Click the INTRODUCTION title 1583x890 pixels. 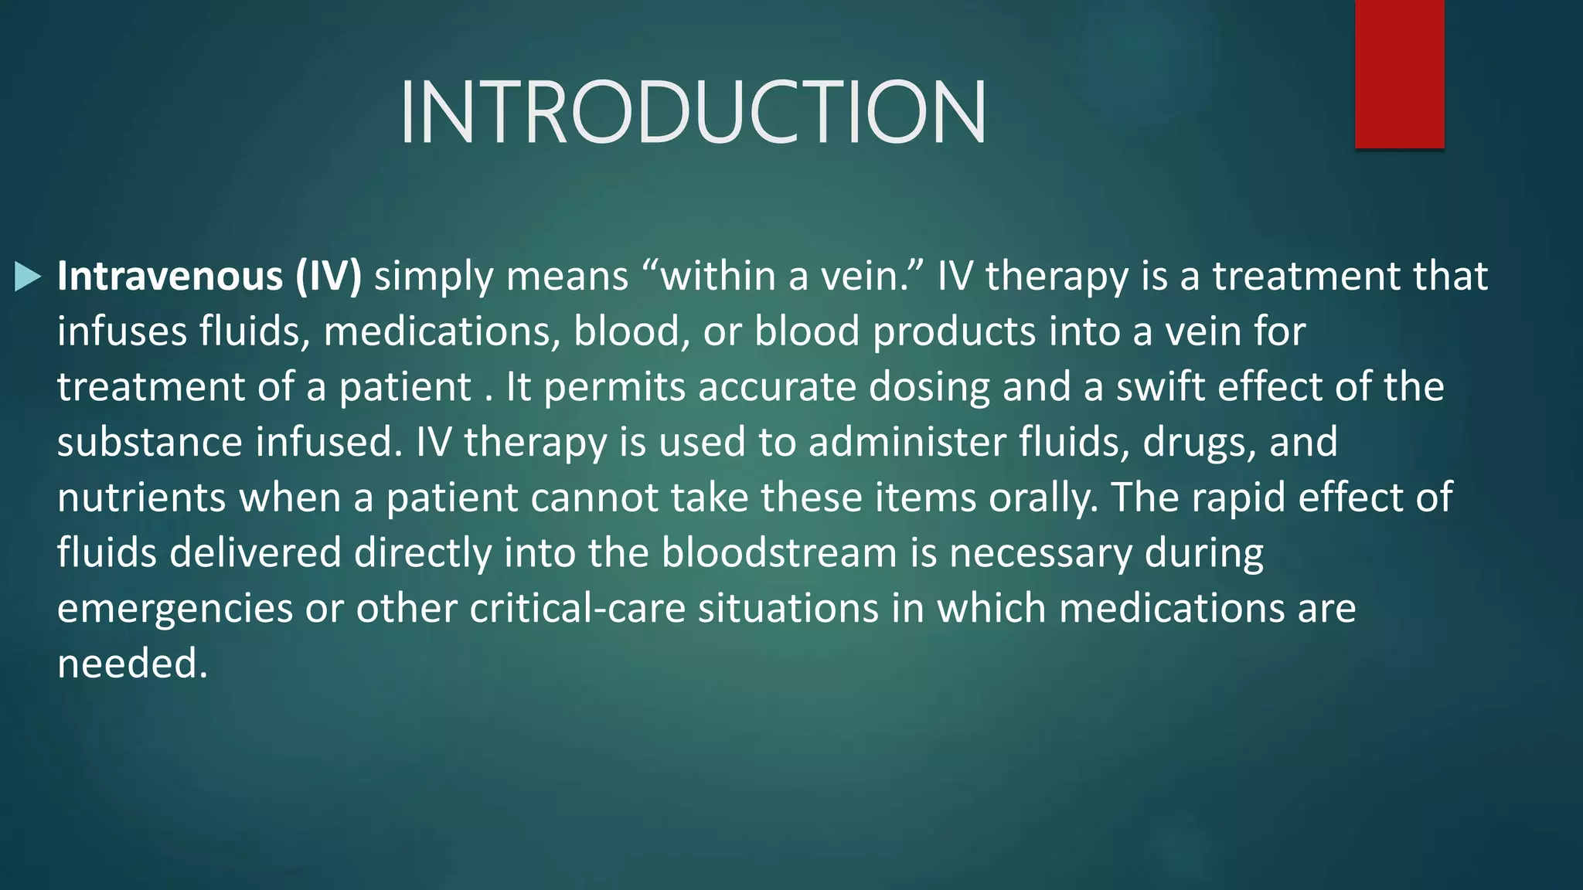coord(693,113)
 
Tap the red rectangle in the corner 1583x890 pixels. coord(1399,74)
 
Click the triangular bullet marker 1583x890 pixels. coord(28,277)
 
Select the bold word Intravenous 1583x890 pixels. coord(170,277)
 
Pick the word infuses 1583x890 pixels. coord(122,332)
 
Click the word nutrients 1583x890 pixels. coord(141,498)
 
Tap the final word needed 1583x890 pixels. coord(132,664)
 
